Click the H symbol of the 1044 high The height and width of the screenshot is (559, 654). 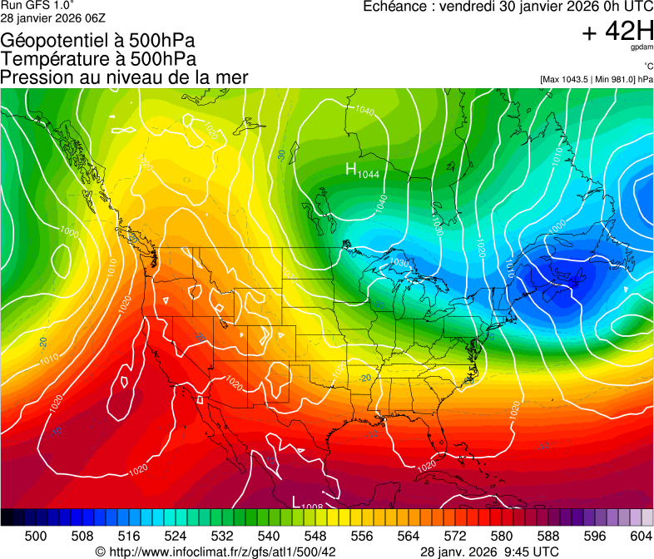click(351, 169)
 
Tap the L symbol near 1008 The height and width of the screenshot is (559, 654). click(295, 501)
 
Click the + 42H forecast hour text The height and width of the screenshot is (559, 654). click(617, 32)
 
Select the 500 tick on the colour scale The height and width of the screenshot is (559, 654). click(36, 535)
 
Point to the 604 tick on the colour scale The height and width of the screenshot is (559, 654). click(641, 535)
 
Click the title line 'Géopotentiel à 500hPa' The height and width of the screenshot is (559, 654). click(97, 40)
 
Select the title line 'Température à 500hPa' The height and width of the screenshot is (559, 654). click(98, 58)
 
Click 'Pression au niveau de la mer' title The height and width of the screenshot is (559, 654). click(124, 77)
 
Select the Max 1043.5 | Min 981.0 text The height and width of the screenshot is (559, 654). click(596, 79)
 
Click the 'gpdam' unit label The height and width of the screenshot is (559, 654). click(642, 48)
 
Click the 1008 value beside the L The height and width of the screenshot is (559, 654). click(312, 506)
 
